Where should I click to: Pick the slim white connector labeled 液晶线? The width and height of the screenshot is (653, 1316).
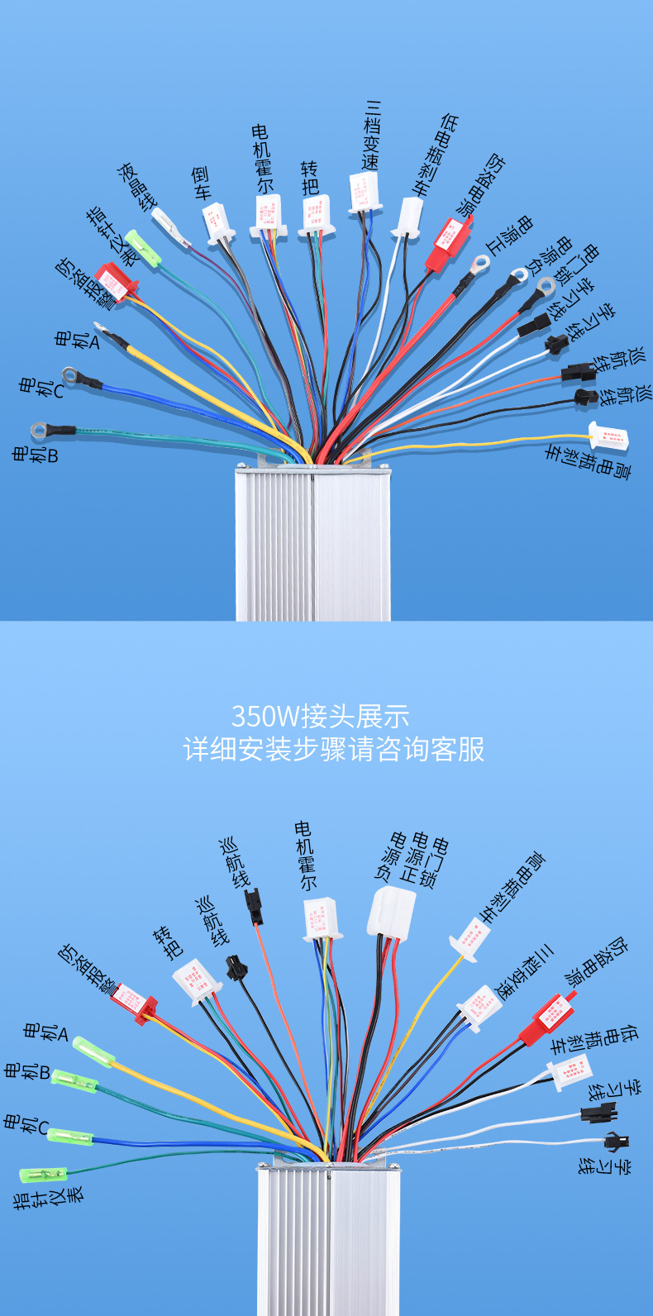[x=170, y=226]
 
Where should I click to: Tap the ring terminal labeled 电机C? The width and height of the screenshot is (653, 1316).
[x=71, y=376]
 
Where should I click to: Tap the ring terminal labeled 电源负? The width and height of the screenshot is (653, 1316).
[x=518, y=274]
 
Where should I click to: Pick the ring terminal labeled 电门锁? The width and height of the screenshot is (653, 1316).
[x=545, y=288]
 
